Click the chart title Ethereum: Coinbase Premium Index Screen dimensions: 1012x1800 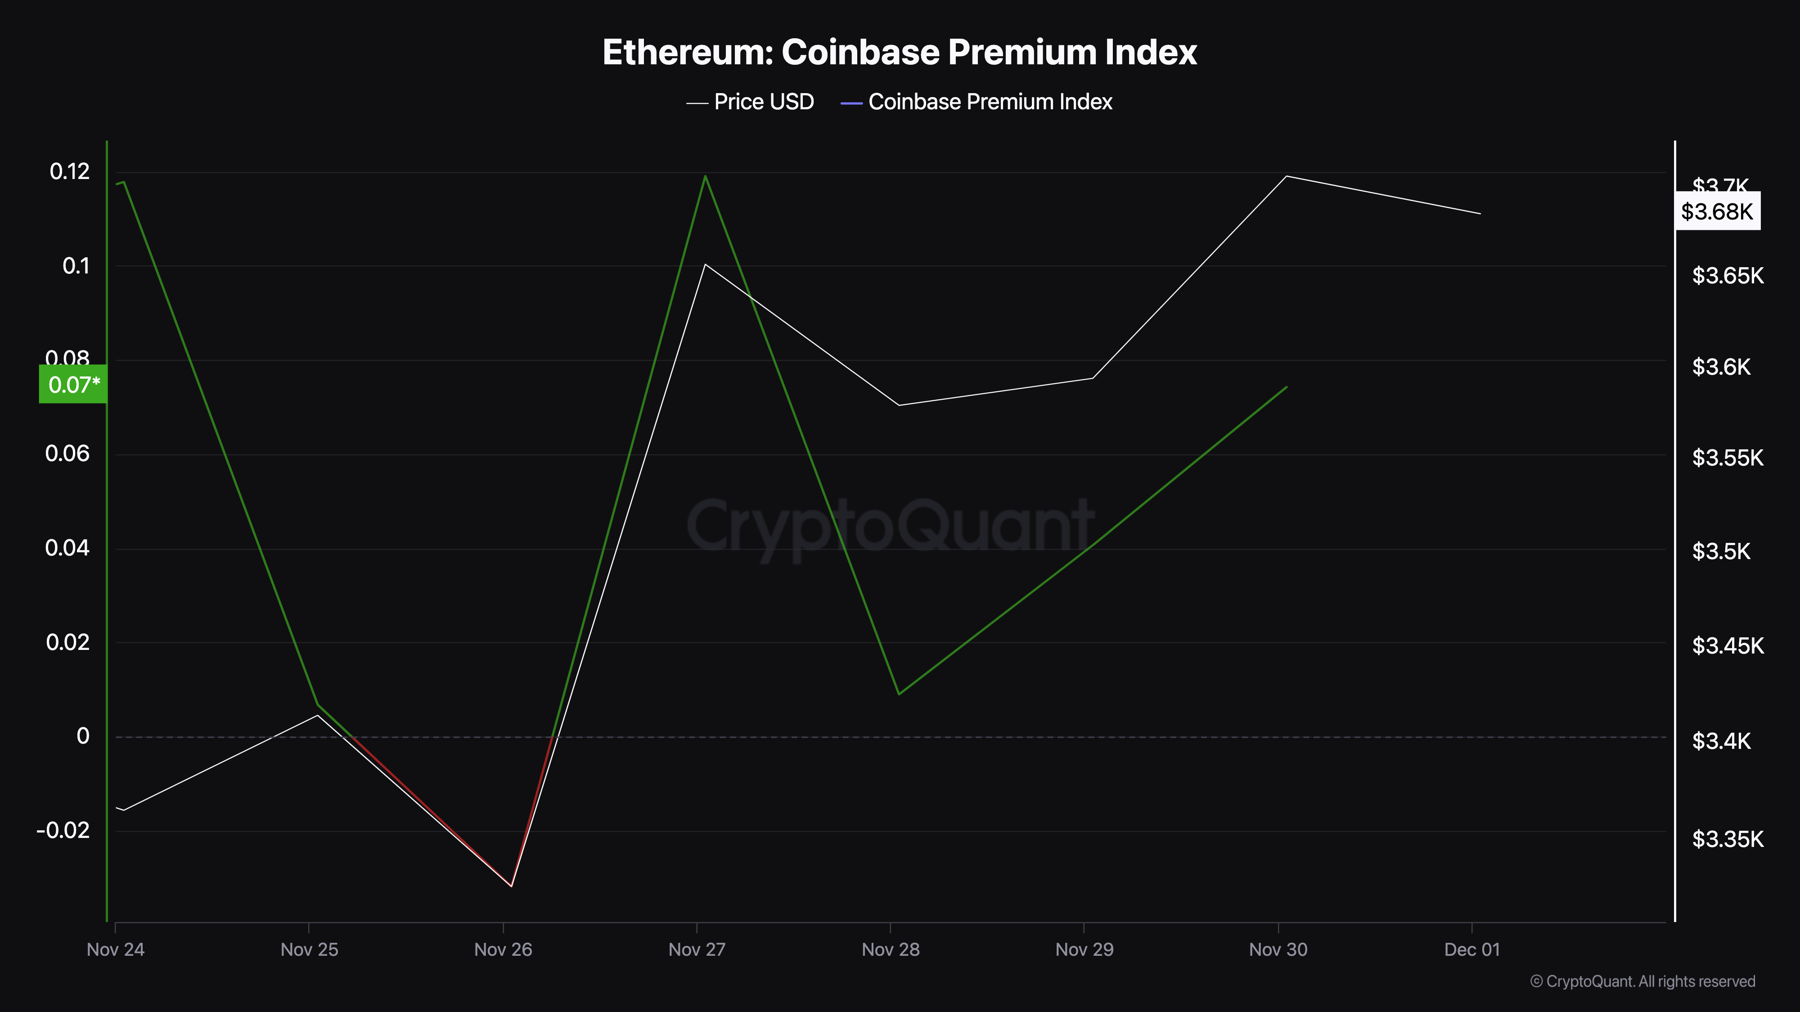[899, 52]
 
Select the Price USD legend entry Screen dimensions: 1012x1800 [751, 102]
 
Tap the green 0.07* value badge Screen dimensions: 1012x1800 [73, 384]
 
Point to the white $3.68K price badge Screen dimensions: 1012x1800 [1717, 211]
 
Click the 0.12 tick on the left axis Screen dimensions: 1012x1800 [69, 171]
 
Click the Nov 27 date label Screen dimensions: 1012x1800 [697, 949]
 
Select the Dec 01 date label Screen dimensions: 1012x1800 [1471, 949]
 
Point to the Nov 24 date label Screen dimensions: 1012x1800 [115, 949]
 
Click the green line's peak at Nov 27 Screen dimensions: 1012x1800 [705, 176]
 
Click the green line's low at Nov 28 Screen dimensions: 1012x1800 [899, 694]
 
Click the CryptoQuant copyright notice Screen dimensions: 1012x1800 [1642, 981]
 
